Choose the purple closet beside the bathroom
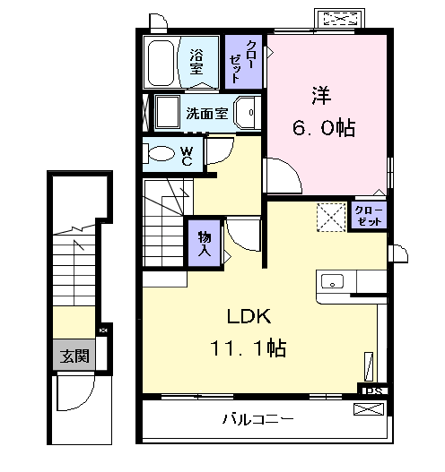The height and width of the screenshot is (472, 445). click(x=242, y=61)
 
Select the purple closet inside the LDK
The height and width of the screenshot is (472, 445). click(x=368, y=216)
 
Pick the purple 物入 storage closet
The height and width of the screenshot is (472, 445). click(x=204, y=243)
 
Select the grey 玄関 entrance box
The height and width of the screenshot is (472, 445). click(x=74, y=356)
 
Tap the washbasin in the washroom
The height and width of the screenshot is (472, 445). click(x=247, y=113)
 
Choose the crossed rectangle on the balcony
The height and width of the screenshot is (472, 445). click(x=369, y=411)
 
